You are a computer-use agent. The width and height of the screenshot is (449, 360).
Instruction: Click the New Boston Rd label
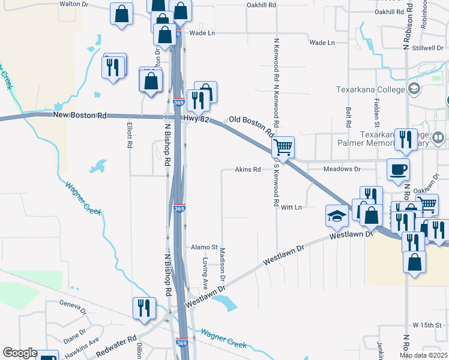pyautogui.click(x=79, y=115)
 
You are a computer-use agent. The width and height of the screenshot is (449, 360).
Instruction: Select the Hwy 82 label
pyautogui.click(x=197, y=120)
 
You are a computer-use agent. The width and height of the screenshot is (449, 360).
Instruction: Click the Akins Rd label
pyautogui.click(x=247, y=170)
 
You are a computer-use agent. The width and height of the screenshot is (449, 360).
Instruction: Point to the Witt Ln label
pyautogui.click(x=290, y=207)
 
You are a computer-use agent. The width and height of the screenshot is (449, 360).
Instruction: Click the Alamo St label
pyautogui.click(x=203, y=247)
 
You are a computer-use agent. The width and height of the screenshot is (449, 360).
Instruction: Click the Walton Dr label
pyautogui.click(x=74, y=4)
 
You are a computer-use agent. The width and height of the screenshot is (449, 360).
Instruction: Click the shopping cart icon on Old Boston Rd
pyautogui.click(x=283, y=146)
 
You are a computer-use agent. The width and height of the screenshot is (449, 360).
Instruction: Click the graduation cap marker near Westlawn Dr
pyautogui.click(x=337, y=215)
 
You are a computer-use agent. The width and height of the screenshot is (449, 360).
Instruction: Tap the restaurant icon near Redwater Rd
pyautogui.click(x=144, y=308)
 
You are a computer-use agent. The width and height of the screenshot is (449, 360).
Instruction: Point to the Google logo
pyautogui.click(x=20, y=353)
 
